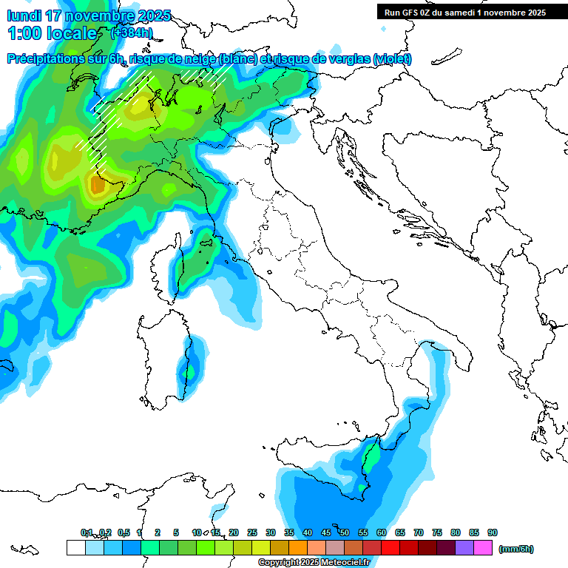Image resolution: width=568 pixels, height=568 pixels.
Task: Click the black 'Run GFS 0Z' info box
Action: (x=464, y=13)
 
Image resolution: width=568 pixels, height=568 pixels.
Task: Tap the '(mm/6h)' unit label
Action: (x=515, y=549)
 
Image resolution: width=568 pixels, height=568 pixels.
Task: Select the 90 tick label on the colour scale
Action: (x=493, y=532)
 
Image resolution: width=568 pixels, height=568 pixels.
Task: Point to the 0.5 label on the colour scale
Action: (x=124, y=532)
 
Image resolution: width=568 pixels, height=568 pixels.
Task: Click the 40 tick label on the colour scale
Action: (x=308, y=532)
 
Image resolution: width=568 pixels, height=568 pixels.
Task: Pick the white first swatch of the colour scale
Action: (x=75, y=548)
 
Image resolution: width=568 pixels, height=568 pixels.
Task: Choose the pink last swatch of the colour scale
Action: (x=483, y=548)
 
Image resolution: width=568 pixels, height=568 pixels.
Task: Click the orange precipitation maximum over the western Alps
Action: (x=97, y=185)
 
